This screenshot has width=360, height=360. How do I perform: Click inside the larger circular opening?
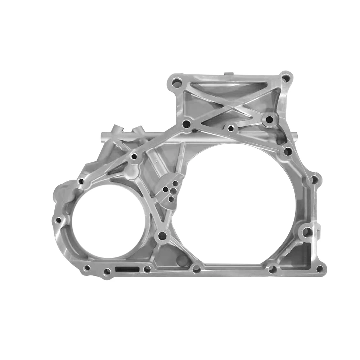238,202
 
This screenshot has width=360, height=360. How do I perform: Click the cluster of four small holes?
170,190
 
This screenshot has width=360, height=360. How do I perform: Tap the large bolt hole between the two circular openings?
163,237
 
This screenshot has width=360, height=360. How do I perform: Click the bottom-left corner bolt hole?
87,268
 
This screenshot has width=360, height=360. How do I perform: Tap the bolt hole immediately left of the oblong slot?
107,272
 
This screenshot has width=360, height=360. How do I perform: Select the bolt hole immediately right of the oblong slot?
147,269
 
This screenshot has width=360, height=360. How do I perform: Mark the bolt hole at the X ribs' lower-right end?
269,119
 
